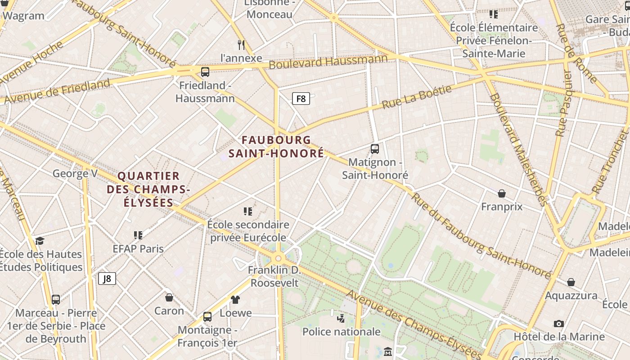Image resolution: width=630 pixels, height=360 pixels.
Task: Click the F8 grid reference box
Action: (301, 98)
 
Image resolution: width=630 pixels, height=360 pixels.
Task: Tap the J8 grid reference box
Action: (107, 279)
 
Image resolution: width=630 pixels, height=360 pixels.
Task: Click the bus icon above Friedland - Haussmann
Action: (205, 72)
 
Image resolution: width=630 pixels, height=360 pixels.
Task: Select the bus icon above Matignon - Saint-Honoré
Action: (374, 148)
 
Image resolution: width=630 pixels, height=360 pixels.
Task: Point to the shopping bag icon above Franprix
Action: (502, 193)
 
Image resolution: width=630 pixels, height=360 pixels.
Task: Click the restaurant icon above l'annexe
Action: (241, 45)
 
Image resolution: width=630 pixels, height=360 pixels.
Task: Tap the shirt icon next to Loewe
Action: (235, 300)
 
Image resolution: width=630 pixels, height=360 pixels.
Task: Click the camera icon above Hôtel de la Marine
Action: (559, 324)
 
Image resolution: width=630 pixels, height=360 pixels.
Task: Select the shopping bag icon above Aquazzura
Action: (571, 282)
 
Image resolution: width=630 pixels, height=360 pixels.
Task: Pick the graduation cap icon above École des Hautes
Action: (40, 241)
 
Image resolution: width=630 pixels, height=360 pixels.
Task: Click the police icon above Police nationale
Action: (341, 319)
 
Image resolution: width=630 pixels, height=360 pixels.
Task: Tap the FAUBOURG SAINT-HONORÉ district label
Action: (276, 147)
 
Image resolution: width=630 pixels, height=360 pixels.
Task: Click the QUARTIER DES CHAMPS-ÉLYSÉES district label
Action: (148, 189)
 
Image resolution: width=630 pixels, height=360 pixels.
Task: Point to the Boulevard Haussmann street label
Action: (328, 62)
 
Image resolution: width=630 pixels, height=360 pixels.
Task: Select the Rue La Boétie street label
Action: (417, 97)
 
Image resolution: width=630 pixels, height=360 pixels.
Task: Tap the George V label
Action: (75, 173)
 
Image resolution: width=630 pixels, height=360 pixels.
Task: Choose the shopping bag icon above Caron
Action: (169, 297)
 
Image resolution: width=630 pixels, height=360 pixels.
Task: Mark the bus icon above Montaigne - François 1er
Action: (207, 317)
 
